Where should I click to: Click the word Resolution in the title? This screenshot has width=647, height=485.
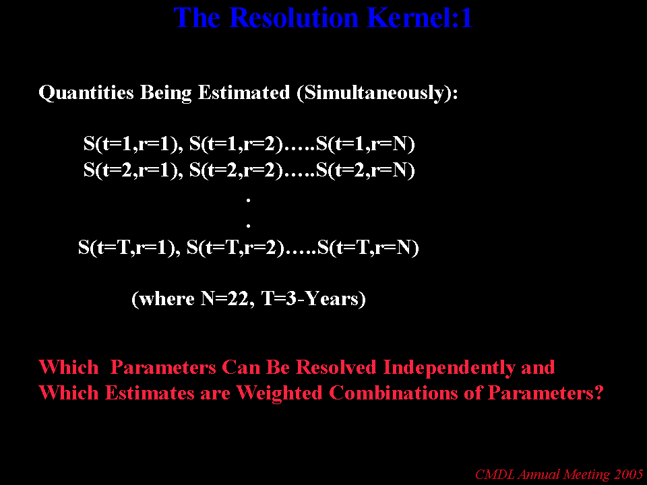pyautogui.click(x=293, y=18)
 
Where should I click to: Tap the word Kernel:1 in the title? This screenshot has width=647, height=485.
pyautogui.click(x=419, y=18)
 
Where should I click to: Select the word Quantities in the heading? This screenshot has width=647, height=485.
pyautogui.click(x=86, y=93)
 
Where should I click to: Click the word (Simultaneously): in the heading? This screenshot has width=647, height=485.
pyautogui.click(x=377, y=93)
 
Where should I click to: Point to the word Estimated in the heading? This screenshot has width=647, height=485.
pyautogui.click(x=244, y=92)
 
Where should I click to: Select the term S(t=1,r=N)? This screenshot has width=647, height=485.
pyautogui.click(x=365, y=144)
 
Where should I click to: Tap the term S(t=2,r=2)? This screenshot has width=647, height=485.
pyautogui.click(x=237, y=170)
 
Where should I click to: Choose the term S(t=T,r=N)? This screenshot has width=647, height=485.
pyautogui.click(x=369, y=248)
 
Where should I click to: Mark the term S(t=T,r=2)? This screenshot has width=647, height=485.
pyautogui.click(x=236, y=248)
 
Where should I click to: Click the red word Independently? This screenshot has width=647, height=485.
pyautogui.click(x=449, y=368)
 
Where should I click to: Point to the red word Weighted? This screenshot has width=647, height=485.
pyautogui.click(x=279, y=393)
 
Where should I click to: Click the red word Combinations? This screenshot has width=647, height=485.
pyautogui.click(x=394, y=393)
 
